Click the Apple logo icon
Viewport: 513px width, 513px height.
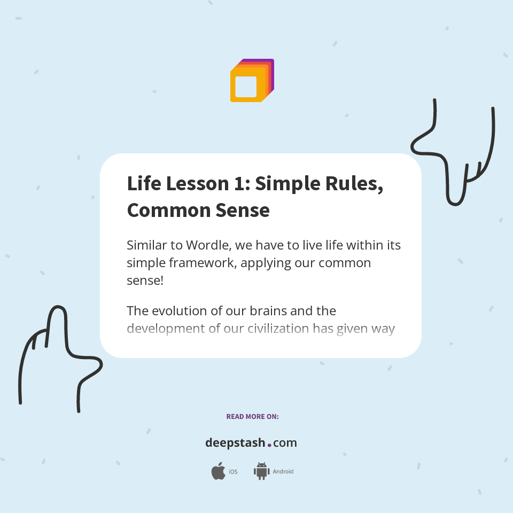218,471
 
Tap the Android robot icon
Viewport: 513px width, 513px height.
261,471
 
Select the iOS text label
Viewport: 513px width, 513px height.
233,472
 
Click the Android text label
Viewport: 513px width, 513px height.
283,472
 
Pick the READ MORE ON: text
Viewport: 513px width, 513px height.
252,416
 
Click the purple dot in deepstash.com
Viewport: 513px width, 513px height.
269,444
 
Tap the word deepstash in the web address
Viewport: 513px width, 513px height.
235,443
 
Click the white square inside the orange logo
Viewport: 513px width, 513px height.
246,87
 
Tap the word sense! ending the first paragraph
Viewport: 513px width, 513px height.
145,280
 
